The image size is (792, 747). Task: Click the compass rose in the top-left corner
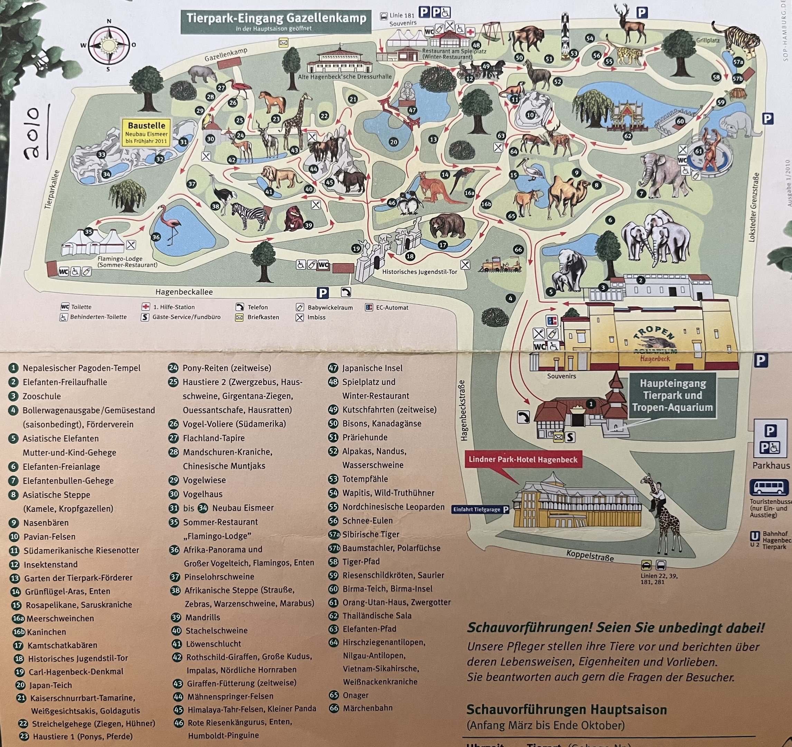coord(109,45)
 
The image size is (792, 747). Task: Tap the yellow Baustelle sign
coord(147,132)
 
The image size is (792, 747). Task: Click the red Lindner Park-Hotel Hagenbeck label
coord(523,459)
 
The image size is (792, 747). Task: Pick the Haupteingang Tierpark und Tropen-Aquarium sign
coord(672,395)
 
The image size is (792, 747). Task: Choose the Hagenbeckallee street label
coord(184,292)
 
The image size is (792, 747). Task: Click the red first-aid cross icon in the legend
coord(145,306)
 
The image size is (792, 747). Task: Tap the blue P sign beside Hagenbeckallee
coord(323,293)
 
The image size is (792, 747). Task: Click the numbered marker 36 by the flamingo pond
coord(156,237)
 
